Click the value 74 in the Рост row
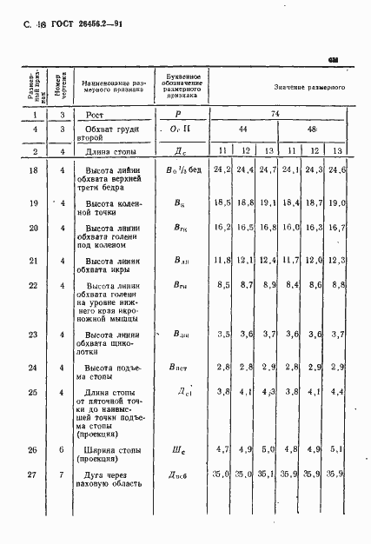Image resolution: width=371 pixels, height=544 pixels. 275,114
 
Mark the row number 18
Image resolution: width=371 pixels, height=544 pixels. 33,170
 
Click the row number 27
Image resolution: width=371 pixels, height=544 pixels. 33,474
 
